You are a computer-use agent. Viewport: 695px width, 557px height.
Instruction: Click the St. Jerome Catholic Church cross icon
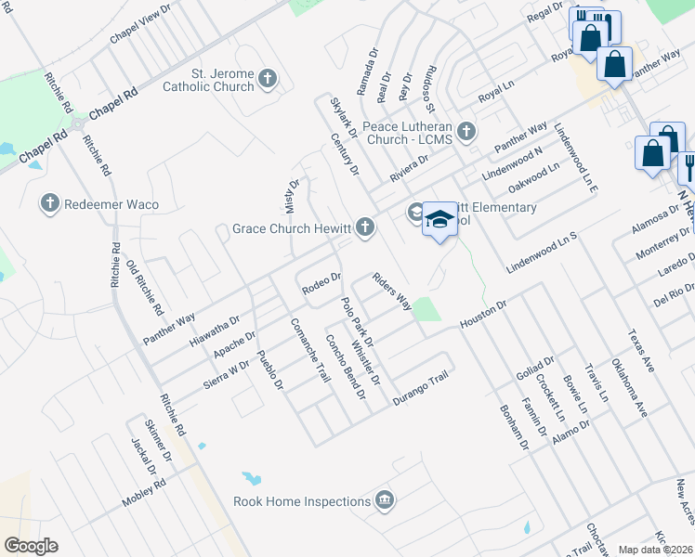click(x=267, y=78)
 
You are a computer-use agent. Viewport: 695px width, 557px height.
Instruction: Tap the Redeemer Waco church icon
click(x=50, y=202)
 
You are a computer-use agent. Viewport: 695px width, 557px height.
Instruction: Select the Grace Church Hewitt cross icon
click(x=366, y=227)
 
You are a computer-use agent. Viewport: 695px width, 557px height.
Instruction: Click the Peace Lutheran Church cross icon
click(x=466, y=131)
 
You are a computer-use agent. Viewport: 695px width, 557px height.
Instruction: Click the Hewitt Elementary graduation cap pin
click(x=440, y=218)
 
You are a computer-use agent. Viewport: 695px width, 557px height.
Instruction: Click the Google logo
click(x=32, y=546)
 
